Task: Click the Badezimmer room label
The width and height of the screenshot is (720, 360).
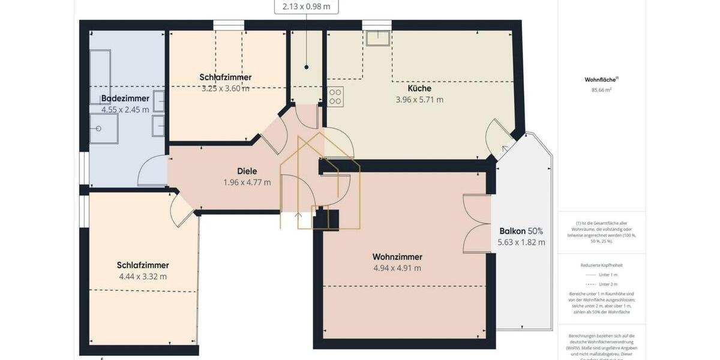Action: [x=125, y=98]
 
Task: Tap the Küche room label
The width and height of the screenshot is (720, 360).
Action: [x=419, y=88]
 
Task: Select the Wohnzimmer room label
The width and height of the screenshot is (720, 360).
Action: [x=397, y=256]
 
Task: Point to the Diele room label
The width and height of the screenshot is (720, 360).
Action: [x=247, y=171]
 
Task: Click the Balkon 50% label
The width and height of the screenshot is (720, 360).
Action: [x=521, y=231]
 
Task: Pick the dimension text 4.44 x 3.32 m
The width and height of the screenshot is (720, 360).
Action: [x=143, y=277]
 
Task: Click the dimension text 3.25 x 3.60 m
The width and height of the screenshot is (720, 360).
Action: [x=225, y=88]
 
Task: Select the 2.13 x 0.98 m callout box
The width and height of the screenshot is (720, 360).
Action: [x=306, y=7]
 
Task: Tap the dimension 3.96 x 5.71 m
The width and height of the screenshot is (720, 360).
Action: [x=419, y=100]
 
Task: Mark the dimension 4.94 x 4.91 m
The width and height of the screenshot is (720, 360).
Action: [x=397, y=268]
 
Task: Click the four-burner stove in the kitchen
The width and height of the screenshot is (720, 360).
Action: [x=336, y=97]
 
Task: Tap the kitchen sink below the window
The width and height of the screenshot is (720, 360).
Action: [x=378, y=38]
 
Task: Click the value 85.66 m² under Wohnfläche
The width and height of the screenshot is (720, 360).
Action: [x=601, y=90]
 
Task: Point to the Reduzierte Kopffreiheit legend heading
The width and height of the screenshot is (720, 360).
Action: [x=601, y=265]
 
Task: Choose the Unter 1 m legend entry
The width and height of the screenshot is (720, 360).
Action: [x=601, y=275]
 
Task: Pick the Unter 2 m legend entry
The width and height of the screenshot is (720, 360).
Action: [x=601, y=284]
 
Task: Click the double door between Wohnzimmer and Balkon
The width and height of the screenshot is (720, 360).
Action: [x=476, y=224]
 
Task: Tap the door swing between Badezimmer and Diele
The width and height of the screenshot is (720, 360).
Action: [x=152, y=172]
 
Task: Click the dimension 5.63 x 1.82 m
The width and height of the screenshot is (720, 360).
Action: [x=521, y=242]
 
